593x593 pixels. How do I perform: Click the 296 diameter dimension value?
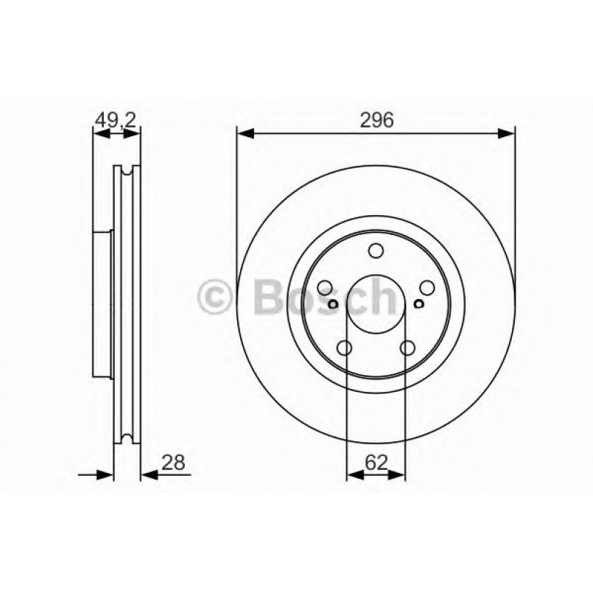[375, 119]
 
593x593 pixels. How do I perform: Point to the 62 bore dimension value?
[375, 463]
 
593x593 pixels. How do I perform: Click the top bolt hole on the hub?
[376, 251]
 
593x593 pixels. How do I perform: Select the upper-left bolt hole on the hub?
[325, 288]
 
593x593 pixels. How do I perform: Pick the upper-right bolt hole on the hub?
[427, 288]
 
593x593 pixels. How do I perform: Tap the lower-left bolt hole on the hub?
[344, 348]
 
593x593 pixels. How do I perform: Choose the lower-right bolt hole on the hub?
[407, 348]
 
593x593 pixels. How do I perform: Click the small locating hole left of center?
[333, 304]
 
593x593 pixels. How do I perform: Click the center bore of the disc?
[376, 305]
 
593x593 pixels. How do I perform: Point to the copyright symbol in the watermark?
[216, 298]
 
